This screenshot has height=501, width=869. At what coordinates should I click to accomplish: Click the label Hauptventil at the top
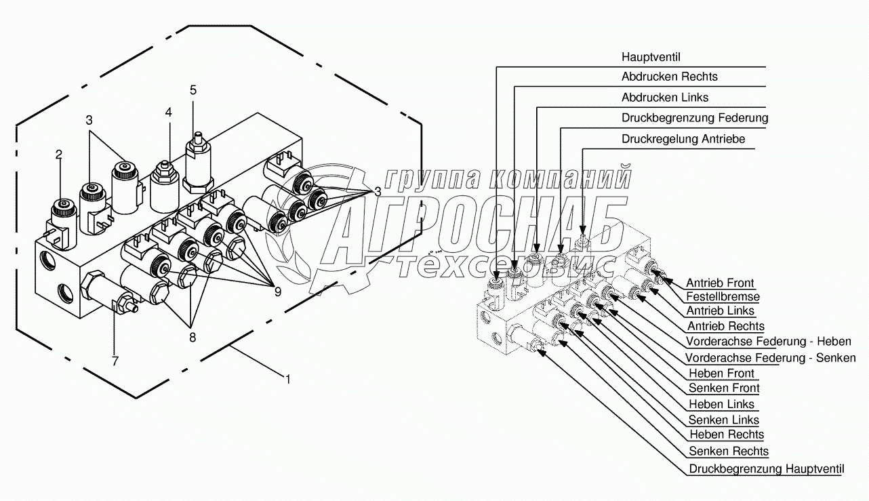(x=651, y=57)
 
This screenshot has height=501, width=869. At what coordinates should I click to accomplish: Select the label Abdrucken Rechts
(x=670, y=77)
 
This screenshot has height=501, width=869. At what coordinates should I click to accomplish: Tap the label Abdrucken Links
(x=665, y=97)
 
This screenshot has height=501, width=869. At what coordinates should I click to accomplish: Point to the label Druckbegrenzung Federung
(x=695, y=117)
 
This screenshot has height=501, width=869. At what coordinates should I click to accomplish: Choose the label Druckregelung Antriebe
(x=683, y=138)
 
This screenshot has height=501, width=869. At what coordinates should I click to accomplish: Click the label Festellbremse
(x=723, y=296)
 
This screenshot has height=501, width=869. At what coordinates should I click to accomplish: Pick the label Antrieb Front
(x=720, y=283)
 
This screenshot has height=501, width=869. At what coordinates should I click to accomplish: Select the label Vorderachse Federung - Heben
(x=769, y=341)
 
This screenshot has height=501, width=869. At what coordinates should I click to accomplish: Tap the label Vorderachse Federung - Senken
(x=771, y=357)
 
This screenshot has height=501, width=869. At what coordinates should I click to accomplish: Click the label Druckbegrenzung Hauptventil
(x=767, y=468)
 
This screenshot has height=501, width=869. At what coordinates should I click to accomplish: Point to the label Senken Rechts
(x=729, y=451)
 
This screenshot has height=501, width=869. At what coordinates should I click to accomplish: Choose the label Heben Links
(x=722, y=404)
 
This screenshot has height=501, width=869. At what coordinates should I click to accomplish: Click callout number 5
(x=193, y=90)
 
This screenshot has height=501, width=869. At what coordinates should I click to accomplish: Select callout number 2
(x=58, y=155)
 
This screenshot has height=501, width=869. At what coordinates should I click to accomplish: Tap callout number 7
(x=115, y=361)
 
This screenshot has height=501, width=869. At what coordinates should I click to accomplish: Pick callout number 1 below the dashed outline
(x=287, y=379)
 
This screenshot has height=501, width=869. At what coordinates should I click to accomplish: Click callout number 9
(x=278, y=292)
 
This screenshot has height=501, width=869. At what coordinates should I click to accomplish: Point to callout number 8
(x=193, y=338)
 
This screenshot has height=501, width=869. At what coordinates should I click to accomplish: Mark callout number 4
(x=168, y=112)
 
